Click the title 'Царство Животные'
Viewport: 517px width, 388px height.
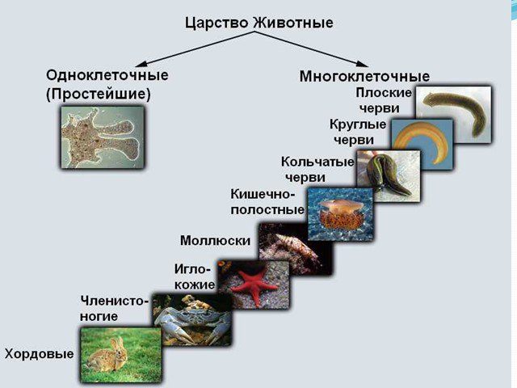258,23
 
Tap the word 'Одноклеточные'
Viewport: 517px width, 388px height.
107,75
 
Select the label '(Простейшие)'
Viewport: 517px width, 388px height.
99,95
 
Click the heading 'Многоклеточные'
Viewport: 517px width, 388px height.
364,76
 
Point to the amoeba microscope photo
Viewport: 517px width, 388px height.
103,137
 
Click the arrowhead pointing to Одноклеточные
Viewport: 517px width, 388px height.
140,63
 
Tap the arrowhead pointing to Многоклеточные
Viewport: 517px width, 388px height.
362,63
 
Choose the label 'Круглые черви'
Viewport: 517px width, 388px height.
358,132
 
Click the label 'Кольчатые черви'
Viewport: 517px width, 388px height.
317,170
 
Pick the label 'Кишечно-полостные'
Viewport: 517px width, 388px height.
267,201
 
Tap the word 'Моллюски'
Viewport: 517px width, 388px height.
216,241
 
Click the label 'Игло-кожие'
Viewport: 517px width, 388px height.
195,276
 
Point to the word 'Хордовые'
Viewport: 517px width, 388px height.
39,354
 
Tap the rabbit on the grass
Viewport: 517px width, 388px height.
109,356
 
